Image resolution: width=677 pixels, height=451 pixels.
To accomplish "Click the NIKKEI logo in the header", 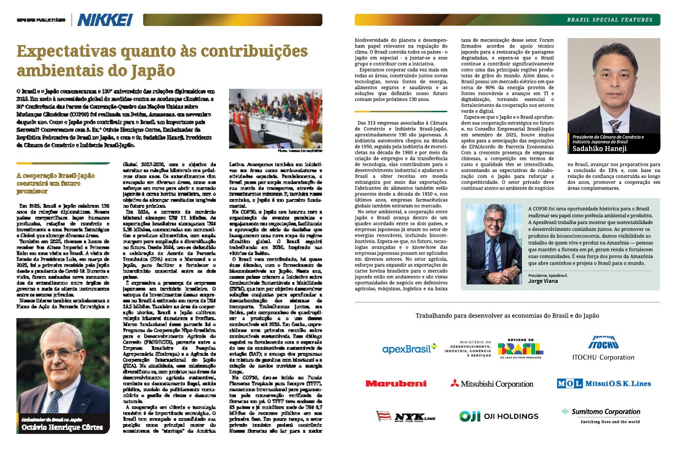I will point(105,20).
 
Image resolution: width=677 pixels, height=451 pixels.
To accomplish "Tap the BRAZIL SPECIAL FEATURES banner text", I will point(609,20).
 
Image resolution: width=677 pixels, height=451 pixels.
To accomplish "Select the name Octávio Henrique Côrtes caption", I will point(62,427).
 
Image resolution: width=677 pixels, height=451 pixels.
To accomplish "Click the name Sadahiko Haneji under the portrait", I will point(599,149).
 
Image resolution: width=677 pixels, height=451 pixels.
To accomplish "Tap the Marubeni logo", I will point(396,383).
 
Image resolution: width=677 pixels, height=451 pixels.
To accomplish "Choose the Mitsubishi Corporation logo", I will point(492,383).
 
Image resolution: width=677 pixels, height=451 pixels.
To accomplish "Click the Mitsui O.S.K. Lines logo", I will point(604,383).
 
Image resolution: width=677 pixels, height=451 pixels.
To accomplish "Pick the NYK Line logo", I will point(406,417).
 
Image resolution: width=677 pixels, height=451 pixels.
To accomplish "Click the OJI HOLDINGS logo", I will point(498,416).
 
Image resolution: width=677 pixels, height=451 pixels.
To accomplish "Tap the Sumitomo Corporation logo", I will point(601,415).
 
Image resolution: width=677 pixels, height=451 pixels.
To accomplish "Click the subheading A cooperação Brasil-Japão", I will point(55,183).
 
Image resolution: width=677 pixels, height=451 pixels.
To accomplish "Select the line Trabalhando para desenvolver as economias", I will point(507,316).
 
